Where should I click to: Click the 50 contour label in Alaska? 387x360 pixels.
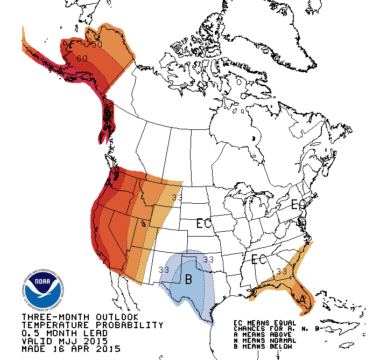click(x=96, y=44)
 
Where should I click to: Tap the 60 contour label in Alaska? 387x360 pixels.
click(x=82, y=58)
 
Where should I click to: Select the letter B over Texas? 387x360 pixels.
click(x=188, y=279)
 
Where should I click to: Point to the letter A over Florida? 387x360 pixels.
click(x=303, y=298)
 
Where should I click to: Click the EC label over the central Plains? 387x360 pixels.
click(x=204, y=223)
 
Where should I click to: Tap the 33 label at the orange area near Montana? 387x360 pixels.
click(x=177, y=197)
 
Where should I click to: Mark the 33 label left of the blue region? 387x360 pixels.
click(x=163, y=269)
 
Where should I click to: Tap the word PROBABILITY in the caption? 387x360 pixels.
click(x=129, y=325)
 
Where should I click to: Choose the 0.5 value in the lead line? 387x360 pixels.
click(x=30, y=333)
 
